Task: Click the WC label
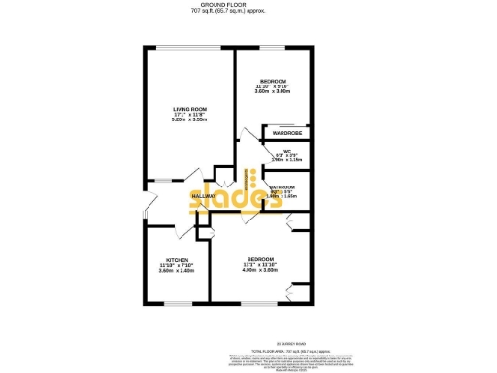click(287, 150)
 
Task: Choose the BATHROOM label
click(282, 186)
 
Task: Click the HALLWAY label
click(204, 196)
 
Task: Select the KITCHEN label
click(177, 261)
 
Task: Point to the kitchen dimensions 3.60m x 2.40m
click(177, 272)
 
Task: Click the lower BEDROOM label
click(260, 259)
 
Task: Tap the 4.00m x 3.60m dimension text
click(260, 271)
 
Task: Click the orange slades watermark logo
click(225, 196)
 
